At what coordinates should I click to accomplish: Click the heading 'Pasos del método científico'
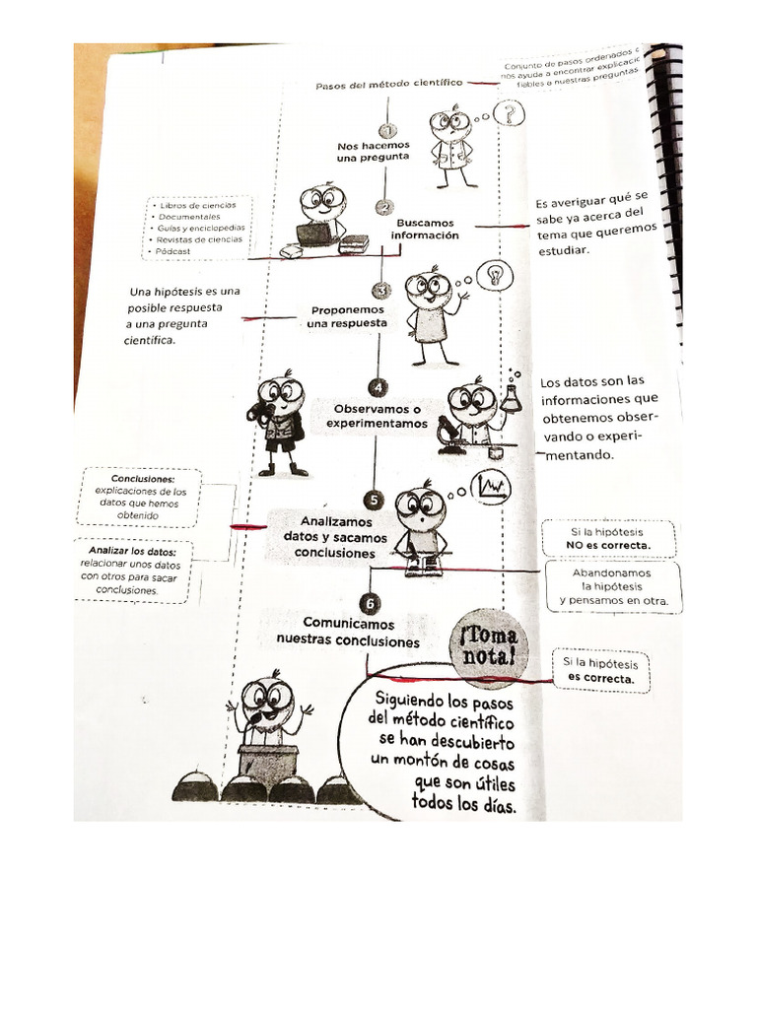point(390,86)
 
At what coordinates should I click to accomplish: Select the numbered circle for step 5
point(373,501)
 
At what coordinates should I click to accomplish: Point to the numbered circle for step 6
point(369,603)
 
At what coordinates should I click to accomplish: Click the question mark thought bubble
point(509,113)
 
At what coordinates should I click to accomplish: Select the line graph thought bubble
point(490,487)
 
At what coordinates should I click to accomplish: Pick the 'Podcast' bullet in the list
point(176,251)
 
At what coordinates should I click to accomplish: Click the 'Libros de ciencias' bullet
point(196,205)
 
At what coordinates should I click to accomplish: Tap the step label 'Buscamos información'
point(427,230)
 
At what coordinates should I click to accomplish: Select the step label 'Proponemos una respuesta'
point(346,316)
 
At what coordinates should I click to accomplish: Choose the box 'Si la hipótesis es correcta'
point(600,671)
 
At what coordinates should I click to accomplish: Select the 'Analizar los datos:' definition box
point(133,571)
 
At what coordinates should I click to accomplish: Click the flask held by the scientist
point(510,396)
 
